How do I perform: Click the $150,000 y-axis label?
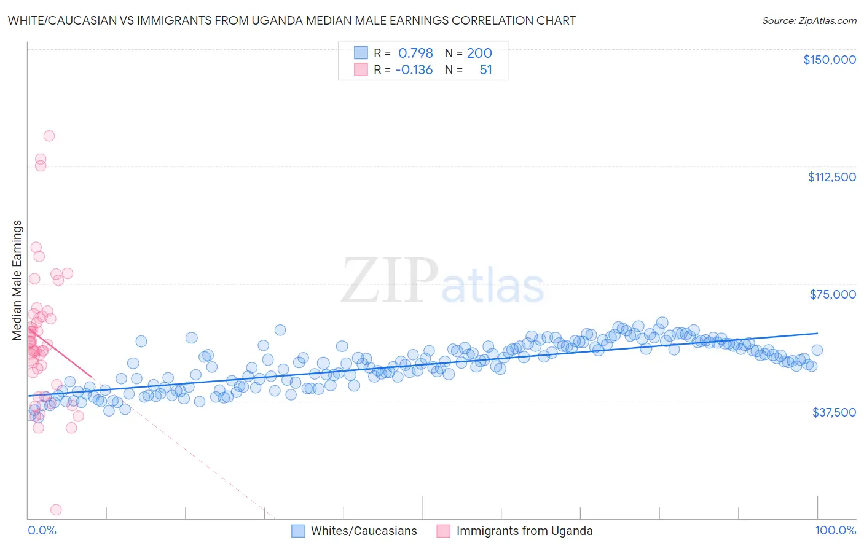pyautogui.click(x=829, y=60)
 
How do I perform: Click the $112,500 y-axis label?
pyautogui.click(x=831, y=177)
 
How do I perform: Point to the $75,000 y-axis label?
pyautogui.click(x=832, y=294)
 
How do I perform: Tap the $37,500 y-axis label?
pyautogui.click(x=833, y=412)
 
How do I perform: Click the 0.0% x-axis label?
pyautogui.click(x=42, y=530)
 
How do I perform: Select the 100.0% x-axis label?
pyautogui.click(x=835, y=530)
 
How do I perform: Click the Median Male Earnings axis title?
pyautogui.click(x=17, y=280)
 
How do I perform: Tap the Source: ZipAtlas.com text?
pyautogui.click(x=809, y=20)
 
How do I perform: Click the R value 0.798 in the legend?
pyautogui.click(x=415, y=53)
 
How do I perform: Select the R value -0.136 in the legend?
pyautogui.click(x=414, y=69)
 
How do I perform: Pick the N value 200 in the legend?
pyautogui.click(x=479, y=53)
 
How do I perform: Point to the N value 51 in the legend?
pyautogui.click(x=485, y=69)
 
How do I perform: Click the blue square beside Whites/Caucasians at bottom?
pyautogui.click(x=298, y=531)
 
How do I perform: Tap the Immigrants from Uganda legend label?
pyautogui.click(x=524, y=531)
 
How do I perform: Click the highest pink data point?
pyautogui.click(x=49, y=136)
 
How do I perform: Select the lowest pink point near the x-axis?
pyautogui.click(x=56, y=509)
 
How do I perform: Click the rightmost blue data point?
pyautogui.click(x=817, y=350)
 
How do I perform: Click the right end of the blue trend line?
pyautogui.click(x=817, y=332)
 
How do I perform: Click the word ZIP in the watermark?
pyautogui.click(x=389, y=280)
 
